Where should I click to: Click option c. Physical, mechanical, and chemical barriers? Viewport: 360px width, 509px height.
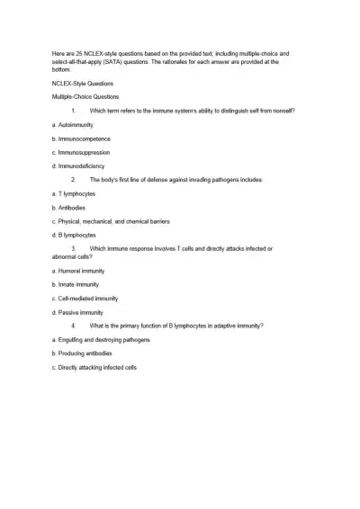tap(112, 221)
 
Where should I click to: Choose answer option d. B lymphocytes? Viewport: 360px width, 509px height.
tap(75, 235)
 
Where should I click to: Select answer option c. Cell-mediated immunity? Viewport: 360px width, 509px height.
tap(85, 298)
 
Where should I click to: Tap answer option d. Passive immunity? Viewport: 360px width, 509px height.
tap(78, 312)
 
